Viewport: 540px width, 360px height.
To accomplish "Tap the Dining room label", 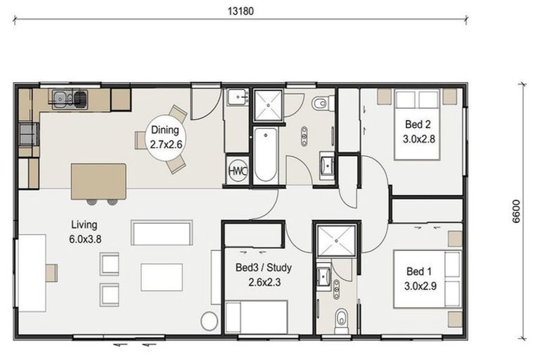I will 165,130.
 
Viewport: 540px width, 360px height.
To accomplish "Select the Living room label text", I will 85,225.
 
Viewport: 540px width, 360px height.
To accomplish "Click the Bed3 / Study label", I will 264,268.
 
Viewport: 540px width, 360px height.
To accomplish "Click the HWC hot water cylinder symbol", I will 238,172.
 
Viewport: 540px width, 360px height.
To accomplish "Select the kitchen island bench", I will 99,181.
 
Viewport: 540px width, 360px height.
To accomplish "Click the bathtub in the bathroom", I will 265,155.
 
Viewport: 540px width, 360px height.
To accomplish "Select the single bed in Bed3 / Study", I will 257,317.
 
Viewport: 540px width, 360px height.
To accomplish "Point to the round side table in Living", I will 210,321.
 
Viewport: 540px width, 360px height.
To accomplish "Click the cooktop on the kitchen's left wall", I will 28,133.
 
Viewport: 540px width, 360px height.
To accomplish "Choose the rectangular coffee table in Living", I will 161,276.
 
